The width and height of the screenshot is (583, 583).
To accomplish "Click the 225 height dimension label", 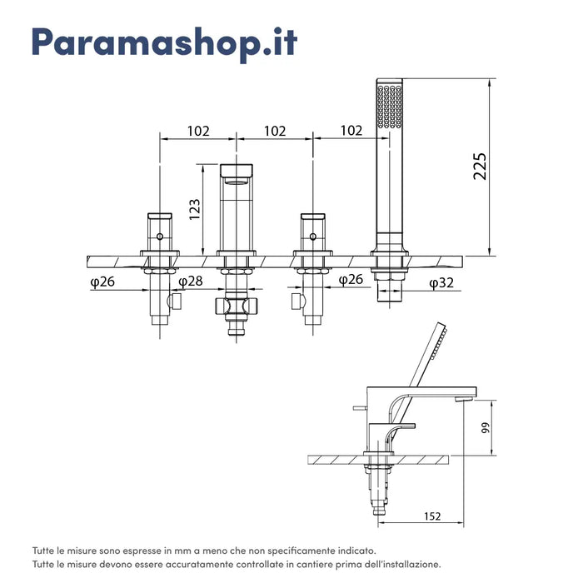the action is [480, 167].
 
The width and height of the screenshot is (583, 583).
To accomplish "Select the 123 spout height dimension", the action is [194, 210].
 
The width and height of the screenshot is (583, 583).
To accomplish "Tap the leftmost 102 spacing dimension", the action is [198, 131].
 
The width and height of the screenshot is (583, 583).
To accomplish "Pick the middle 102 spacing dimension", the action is [275, 131].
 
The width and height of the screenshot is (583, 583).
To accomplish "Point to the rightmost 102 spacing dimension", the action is [351, 131].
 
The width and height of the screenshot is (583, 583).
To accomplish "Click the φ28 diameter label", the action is [191, 282].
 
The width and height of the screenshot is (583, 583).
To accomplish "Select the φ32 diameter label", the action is [441, 283].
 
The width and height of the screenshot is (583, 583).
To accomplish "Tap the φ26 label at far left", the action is [102, 282].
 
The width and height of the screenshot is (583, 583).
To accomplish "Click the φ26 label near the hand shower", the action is [351, 280].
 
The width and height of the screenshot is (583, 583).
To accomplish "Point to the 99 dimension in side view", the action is [486, 427].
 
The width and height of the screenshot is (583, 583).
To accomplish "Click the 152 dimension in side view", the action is [432, 516].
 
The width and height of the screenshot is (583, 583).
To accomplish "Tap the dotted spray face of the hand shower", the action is [389, 107].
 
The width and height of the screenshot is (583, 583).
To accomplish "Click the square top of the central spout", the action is [237, 171].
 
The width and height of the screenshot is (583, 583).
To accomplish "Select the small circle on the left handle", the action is [160, 237].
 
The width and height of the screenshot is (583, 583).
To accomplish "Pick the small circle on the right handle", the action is [313, 237].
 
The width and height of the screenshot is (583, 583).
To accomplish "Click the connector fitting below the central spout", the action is [236, 306].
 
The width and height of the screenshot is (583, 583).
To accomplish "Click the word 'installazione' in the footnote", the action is [416, 565].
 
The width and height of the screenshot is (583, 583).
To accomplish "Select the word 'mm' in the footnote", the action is [190, 551].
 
